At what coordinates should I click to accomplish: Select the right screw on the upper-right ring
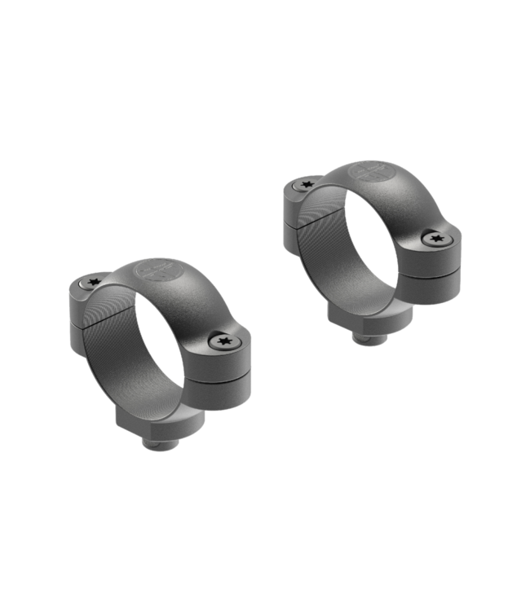[x=437, y=238]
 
